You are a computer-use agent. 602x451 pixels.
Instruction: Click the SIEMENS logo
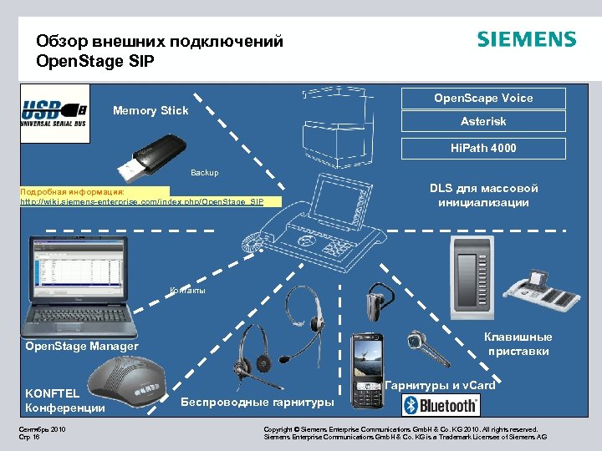click(x=526, y=39)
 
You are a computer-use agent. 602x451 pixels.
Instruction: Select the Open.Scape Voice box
click(x=483, y=98)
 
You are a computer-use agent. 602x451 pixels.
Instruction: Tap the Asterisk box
click(x=483, y=122)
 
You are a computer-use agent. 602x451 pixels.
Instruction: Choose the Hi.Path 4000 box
click(x=483, y=148)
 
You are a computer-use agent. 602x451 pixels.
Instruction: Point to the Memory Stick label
click(x=150, y=111)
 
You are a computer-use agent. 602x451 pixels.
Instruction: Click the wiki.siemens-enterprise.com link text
click(x=142, y=202)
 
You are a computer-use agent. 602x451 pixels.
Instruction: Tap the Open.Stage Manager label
click(x=82, y=346)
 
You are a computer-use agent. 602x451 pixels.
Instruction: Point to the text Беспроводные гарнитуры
click(x=258, y=403)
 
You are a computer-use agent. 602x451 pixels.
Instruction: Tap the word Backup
click(x=204, y=173)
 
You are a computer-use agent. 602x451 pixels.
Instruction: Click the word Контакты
click(x=187, y=291)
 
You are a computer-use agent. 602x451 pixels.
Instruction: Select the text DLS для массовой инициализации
click(x=483, y=195)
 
